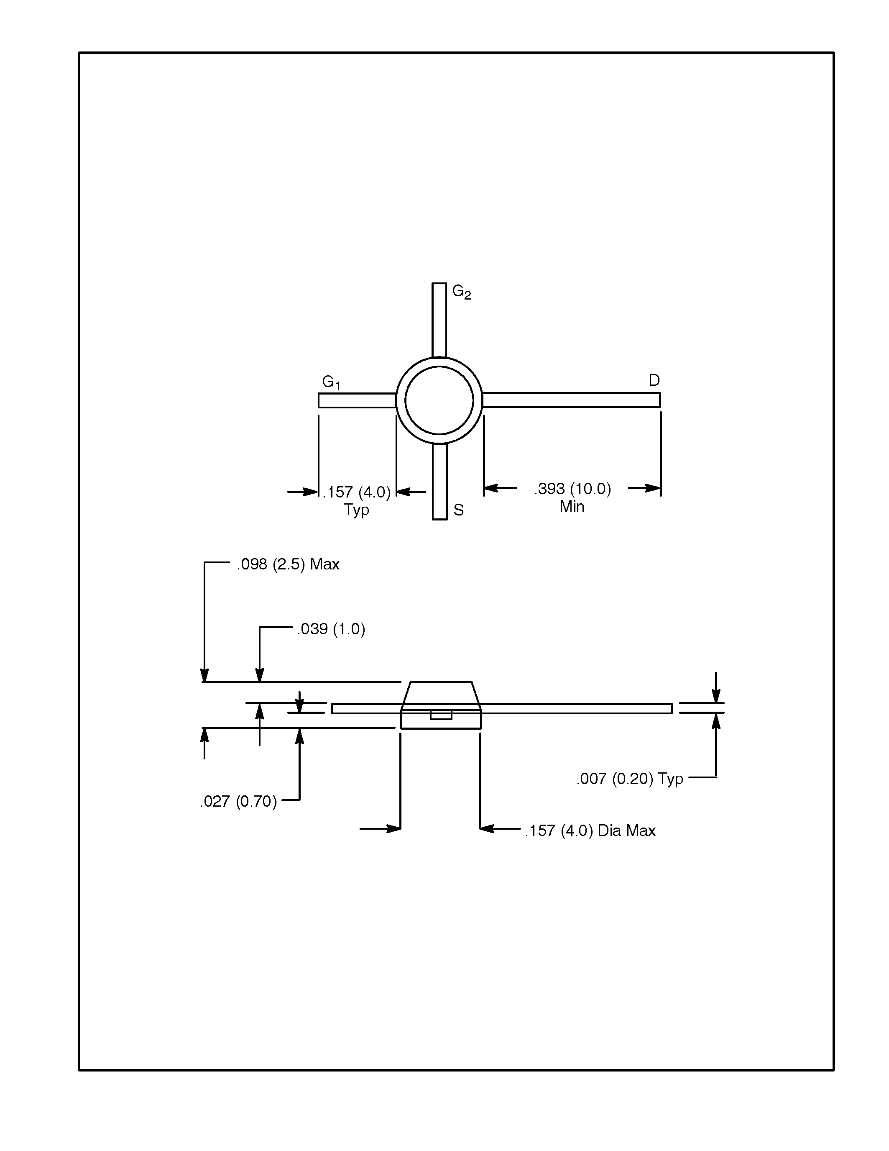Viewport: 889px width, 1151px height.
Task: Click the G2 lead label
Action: (x=461, y=292)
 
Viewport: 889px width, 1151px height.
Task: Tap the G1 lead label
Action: (x=331, y=382)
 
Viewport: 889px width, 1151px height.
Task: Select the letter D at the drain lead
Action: (x=654, y=380)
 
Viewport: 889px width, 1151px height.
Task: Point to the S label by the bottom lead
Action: (x=458, y=510)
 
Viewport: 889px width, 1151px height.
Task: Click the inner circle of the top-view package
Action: (x=439, y=400)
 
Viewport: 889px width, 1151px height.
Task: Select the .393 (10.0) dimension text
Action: (x=572, y=489)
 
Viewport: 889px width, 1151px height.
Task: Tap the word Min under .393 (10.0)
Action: (x=572, y=506)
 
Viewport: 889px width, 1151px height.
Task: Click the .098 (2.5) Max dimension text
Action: (x=288, y=564)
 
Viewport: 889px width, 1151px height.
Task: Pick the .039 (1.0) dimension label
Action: (x=331, y=629)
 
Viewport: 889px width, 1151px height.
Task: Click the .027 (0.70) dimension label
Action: (x=238, y=802)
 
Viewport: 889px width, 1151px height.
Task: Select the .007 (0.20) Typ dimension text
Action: (x=629, y=779)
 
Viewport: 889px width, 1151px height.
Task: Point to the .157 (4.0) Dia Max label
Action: (x=590, y=831)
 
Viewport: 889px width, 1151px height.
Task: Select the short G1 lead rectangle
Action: (x=357, y=400)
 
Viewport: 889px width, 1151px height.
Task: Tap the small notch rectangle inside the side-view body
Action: (x=441, y=715)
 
